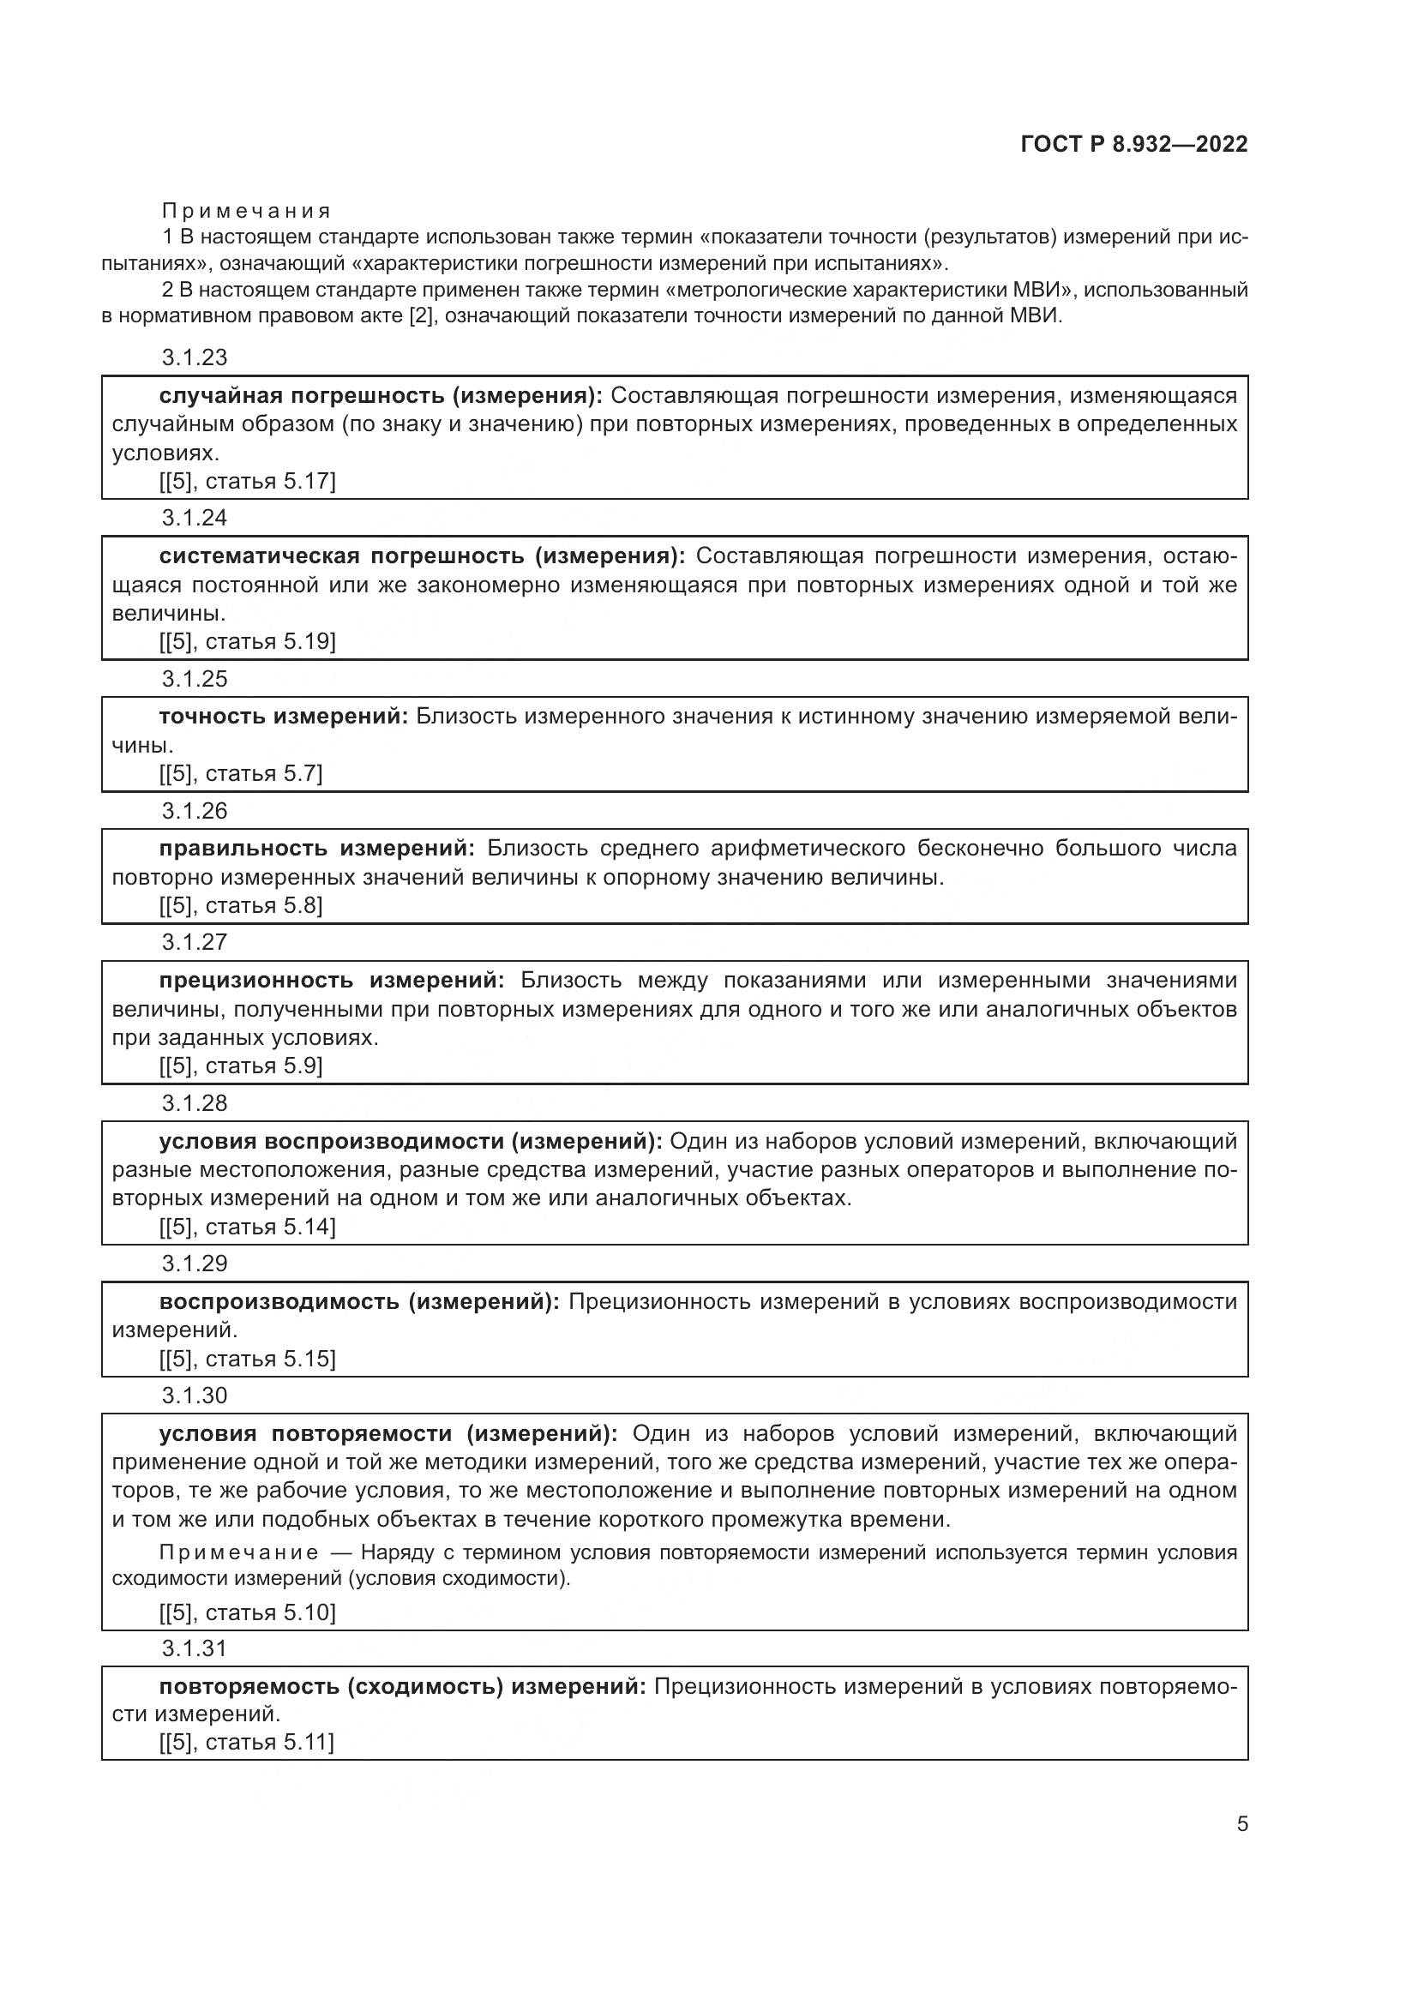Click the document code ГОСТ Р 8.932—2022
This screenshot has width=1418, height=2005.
pyautogui.click(x=1133, y=144)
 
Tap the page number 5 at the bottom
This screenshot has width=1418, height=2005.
pyautogui.click(x=1241, y=1823)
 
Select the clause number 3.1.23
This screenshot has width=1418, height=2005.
pyautogui.click(x=194, y=357)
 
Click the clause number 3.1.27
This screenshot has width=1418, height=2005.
pyautogui.click(x=194, y=941)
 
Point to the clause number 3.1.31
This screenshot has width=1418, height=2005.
pyautogui.click(x=194, y=1648)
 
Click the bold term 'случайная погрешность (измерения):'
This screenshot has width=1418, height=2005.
pyautogui.click(x=381, y=395)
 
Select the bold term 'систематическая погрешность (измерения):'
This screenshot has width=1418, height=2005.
pyautogui.click(x=423, y=556)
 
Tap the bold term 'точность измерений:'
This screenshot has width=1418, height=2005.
pyautogui.click(x=284, y=717)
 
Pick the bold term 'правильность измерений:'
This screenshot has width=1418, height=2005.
pyautogui.click(x=317, y=848)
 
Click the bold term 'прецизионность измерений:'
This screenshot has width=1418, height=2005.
pyautogui.click(x=332, y=980)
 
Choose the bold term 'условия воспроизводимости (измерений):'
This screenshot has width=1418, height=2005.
pyautogui.click(x=411, y=1141)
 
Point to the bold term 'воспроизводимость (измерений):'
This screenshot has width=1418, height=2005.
pyautogui.click(x=359, y=1302)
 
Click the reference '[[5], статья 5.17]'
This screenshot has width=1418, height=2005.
pyautogui.click(x=247, y=481)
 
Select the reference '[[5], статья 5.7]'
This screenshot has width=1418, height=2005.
pyautogui.click(x=241, y=773)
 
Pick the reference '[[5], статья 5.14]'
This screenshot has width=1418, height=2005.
pyautogui.click(x=247, y=1227)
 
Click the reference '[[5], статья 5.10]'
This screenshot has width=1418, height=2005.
pyautogui.click(x=247, y=1612)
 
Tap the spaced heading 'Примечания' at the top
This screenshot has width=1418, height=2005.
pyautogui.click(x=247, y=211)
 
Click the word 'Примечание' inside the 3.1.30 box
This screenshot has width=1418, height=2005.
pyautogui.click(x=238, y=1552)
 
